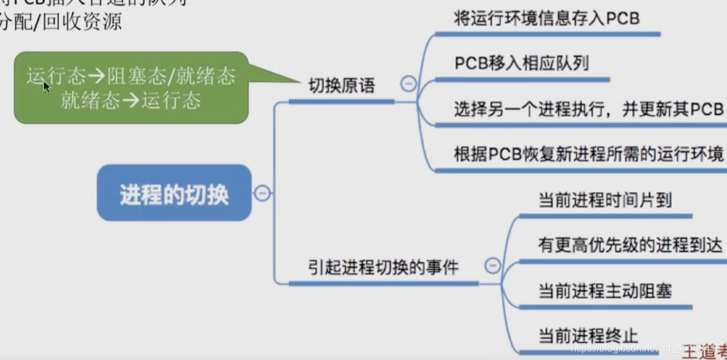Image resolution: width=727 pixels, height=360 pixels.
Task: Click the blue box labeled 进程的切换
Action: (174, 194)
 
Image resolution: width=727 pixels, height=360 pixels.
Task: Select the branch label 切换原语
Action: (341, 87)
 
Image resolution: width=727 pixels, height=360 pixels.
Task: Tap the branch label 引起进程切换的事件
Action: (383, 268)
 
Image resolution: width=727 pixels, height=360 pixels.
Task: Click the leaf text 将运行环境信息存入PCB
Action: (546, 18)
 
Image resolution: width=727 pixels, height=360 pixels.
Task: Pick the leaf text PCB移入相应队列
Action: (521, 63)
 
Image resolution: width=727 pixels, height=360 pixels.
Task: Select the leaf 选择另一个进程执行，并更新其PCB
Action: (588, 109)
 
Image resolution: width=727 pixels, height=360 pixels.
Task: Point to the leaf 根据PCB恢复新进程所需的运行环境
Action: (588, 154)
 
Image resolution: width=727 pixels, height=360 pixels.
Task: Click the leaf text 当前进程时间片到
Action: (605, 200)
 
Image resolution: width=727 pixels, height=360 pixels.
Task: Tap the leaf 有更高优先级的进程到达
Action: (630, 245)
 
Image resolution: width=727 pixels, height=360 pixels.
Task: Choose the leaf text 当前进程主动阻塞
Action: (605, 291)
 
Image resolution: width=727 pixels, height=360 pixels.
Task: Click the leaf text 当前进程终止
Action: (588, 336)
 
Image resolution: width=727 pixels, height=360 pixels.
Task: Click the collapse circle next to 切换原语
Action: (408, 84)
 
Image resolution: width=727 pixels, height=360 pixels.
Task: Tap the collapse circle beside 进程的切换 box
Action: (262, 194)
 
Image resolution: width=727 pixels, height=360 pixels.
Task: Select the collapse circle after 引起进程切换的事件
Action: (492, 265)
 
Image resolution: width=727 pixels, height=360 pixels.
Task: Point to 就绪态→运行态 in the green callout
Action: (131, 100)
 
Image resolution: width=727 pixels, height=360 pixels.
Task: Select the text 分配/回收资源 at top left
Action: (61, 22)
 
